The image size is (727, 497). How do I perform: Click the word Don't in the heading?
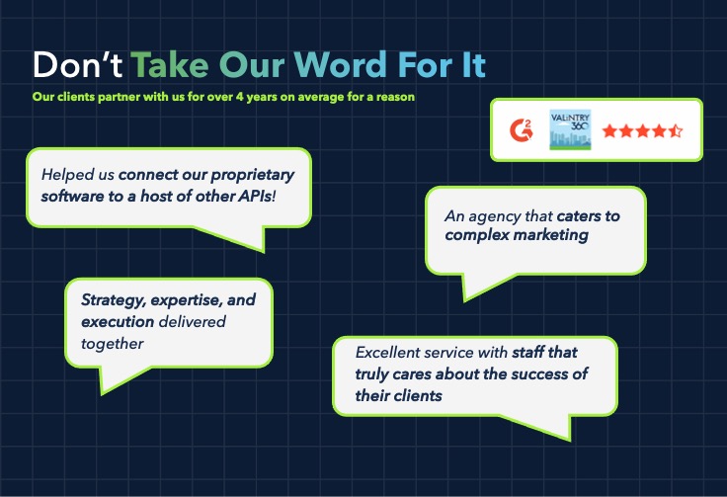(x=77, y=64)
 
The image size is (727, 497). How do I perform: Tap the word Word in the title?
(x=341, y=64)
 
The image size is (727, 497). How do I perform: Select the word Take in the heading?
(x=170, y=64)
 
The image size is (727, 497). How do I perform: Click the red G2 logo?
(x=522, y=129)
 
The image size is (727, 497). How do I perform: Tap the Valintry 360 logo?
(x=570, y=129)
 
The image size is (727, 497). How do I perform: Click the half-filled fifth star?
(x=675, y=130)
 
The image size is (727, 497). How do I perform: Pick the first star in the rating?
(x=609, y=130)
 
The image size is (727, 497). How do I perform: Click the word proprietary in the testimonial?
(x=252, y=176)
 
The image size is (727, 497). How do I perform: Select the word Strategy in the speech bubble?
(x=114, y=300)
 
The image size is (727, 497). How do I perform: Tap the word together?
(x=113, y=344)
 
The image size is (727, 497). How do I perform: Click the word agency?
(x=494, y=216)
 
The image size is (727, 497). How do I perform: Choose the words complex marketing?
(x=517, y=235)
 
